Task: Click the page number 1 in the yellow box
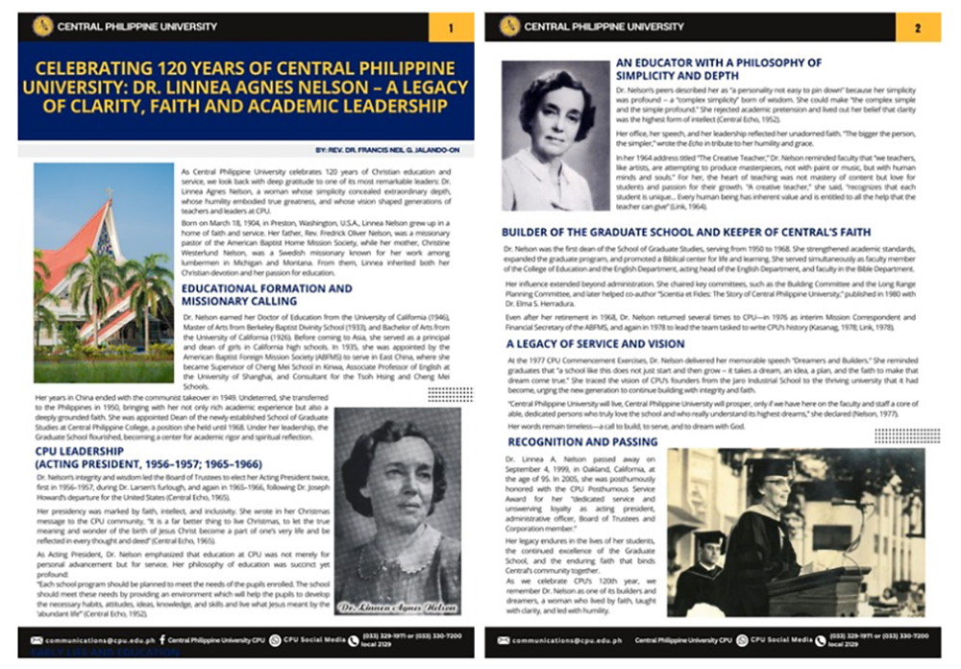coord(451,27)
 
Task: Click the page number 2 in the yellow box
coord(918,27)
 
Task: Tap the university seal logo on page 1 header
coord(42,27)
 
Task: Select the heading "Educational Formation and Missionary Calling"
coord(266,295)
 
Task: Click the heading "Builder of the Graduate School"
coord(686,232)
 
